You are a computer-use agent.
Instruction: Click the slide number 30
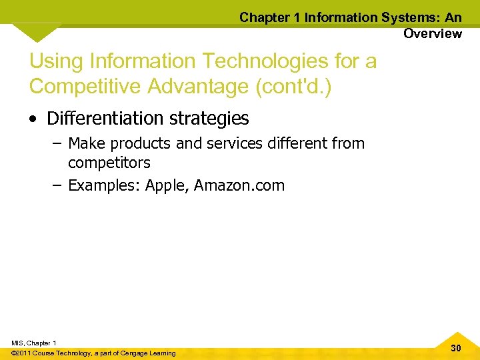[x=456, y=348]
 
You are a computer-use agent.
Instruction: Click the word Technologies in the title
[x=259, y=62]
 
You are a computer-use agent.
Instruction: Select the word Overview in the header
[x=432, y=33]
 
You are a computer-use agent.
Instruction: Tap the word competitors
[x=109, y=162]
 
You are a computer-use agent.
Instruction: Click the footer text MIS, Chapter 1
[x=33, y=343]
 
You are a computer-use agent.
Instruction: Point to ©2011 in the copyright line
[x=23, y=353]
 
